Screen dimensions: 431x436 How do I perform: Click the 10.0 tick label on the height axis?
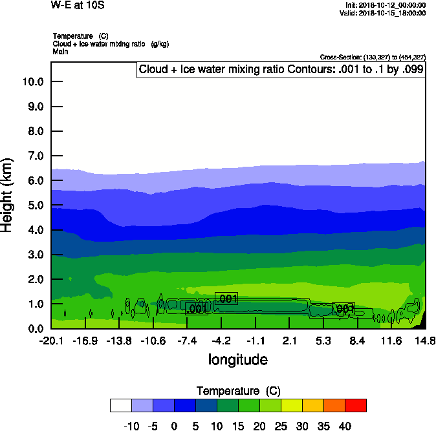[x=32, y=81]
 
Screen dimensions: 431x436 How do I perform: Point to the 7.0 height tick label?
[x=35, y=156]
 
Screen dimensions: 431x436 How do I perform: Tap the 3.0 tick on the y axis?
[x=35, y=255]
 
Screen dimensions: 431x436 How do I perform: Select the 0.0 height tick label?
[x=35, y=328]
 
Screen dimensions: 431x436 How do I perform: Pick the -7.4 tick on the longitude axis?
[x=187, y=341]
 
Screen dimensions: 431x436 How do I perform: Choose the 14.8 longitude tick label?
[x=425, y=341]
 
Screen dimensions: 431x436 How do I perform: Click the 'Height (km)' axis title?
[x=8, y=195]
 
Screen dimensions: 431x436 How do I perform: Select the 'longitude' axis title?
[x=237, y=359]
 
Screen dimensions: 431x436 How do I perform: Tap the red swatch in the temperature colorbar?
[x=355, y=405]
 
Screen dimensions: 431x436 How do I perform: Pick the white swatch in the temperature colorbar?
[x=120, y=405]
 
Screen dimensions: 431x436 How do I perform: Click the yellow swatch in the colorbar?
[x=291, y=405]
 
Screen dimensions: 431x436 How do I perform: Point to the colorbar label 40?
[x=345, y=426]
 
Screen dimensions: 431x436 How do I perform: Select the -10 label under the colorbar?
[x=131, y=426]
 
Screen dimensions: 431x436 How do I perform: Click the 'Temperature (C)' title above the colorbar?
[x=238, y=391]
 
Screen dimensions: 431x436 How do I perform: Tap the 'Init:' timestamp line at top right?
[x=386, y=5]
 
